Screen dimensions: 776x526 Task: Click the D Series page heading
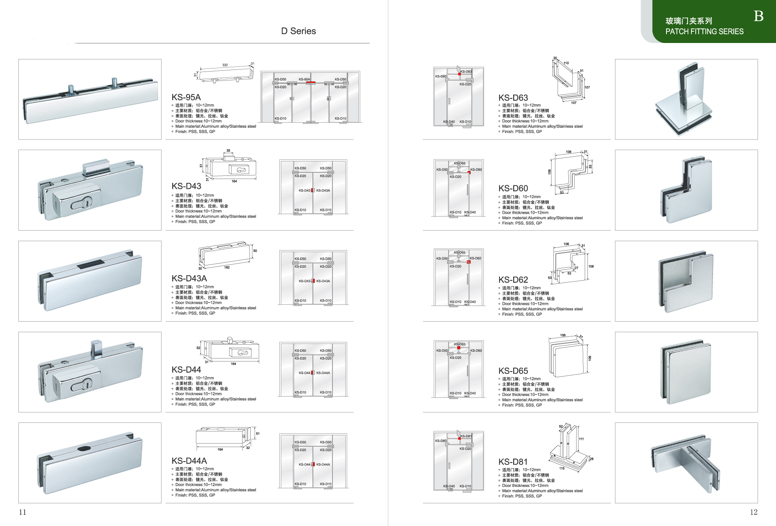click(x=298, y=31)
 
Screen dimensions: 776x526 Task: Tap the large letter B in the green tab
click(x=758, y=16)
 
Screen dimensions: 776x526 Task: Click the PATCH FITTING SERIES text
click(x=704, y=32)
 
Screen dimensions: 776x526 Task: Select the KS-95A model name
click(x=186, y=97)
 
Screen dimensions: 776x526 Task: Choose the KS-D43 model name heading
click(x=187, y=186)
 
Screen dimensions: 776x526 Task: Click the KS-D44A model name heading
click(x=189, y=461)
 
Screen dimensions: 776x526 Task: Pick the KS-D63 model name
click(x=513, y=98)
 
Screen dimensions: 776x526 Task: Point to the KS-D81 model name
click(x=513, y=462)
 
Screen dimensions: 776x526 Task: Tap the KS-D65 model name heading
click(x=513, y=371)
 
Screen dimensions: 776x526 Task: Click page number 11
click(x=23, y=512)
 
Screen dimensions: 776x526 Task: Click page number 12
click(x=754, y=512)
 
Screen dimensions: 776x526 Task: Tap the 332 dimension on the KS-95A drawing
click(x=225, y=65)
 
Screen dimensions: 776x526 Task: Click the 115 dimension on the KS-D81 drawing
click(x=562, y=468)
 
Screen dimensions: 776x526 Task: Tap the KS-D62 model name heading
click(x=513, y=280)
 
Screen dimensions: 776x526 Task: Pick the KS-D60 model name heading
click(x=513, y=188)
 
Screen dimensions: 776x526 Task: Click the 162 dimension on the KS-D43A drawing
click(x=227, y=267)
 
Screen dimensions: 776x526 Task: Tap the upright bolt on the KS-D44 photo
click(x=96, y=349)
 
